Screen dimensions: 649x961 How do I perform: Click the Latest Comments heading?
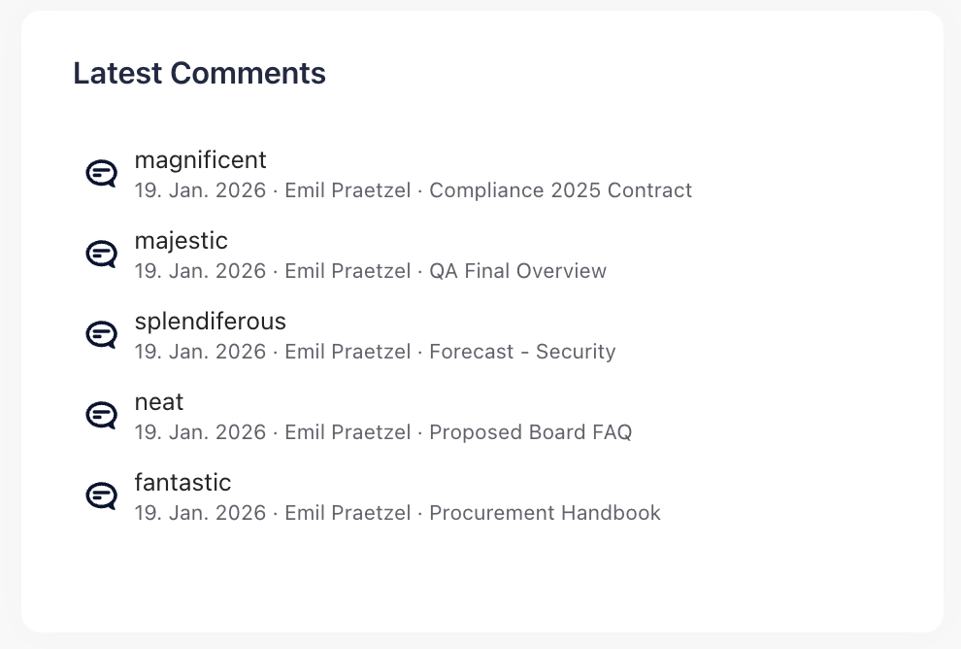click(x=199, y=73)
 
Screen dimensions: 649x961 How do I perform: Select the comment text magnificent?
click(x=200, y=159)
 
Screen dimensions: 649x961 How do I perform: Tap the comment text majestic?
click(x=182, y=240)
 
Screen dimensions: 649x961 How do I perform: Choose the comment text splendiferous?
click(x=210, y=321)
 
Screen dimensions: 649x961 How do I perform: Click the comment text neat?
click(x=159, y=401)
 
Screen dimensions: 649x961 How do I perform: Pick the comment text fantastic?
click(x=182, y=482)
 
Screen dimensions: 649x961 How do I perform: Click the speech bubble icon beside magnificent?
click(x=101, y=174)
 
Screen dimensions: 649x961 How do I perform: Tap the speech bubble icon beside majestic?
click(x=101, y=255)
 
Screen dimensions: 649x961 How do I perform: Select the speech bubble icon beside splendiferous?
click(x=101, y=335)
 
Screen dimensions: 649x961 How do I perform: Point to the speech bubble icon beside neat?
click(x=101, y=416)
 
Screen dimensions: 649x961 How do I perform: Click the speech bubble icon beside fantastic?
click(x=101, y=496)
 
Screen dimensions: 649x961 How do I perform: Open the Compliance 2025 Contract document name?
click(x=560, y=190)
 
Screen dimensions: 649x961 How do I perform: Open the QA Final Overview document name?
click(x=517, y=271)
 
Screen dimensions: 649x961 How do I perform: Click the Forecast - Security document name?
click(x=522, y=352)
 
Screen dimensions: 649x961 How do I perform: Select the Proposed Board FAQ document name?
click(x=530, y=432)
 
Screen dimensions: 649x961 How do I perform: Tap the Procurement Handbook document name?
click(x=545, y=513)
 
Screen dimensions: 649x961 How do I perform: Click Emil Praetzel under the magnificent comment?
click(x=348, y=190)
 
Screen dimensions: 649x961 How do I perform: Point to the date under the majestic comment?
click(x=200, y=271)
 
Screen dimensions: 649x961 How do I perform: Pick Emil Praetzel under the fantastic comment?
click(x=348, y=513)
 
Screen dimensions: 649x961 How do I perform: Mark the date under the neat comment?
click(x=200, y=432)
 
